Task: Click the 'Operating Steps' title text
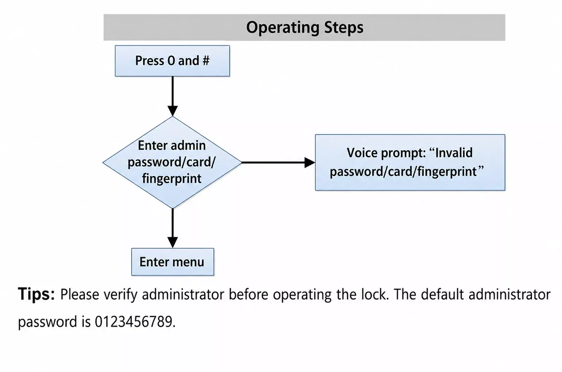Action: (x=305, y=28)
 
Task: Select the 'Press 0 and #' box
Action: (x=172, y=61)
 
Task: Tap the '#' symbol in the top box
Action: (x=206, y=61)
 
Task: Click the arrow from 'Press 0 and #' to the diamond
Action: (x=173, y=96)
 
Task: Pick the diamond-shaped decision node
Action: (x=172, y=162)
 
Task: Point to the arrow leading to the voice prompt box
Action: (x=278, y=162)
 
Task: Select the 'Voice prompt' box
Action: (x=410, y=162)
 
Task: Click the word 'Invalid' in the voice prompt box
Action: (x=454, y=152)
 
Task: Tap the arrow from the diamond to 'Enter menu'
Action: (x=173, y=228)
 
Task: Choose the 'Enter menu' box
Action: (x=173, y=262)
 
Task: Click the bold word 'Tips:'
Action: (x=36, y=294)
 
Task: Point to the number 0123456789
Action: (x=133, y=322)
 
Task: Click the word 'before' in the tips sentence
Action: (x=249, y=294)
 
